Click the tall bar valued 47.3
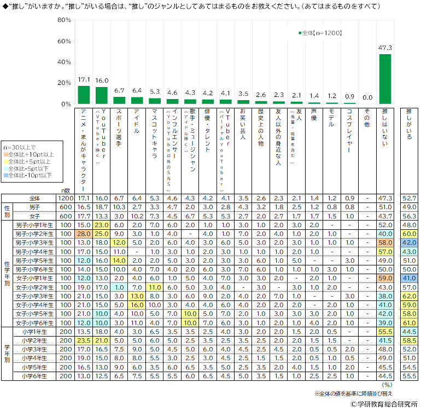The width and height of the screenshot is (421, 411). tap(385, 79)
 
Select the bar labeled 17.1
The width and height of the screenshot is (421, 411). tap(84, 95)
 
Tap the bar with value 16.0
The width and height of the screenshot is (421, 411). tap(102, 95)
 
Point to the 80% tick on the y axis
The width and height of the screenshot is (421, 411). tap(64, 20)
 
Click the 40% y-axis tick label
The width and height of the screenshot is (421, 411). tap(64, 62)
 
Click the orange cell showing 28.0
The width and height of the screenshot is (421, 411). tap(84, 233)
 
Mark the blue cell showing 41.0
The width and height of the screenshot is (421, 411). tap(408, 279)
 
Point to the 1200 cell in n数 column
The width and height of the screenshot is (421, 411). tap(66, 198)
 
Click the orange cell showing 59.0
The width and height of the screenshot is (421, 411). tap(385, 279)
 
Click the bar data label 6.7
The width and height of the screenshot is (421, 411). tap(119, 91)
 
